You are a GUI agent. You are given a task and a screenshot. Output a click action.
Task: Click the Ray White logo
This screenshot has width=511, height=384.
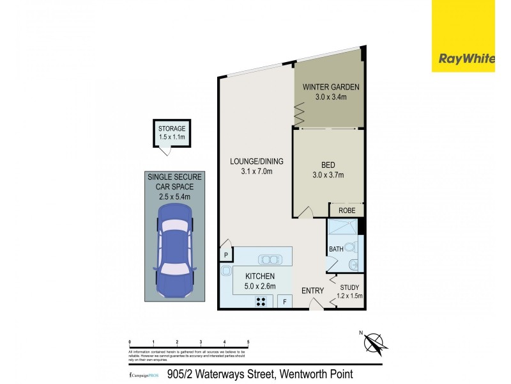[466, 59]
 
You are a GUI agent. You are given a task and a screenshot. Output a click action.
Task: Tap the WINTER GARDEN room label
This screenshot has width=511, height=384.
[331, 87]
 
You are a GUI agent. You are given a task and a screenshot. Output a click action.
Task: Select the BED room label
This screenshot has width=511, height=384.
[329, 165]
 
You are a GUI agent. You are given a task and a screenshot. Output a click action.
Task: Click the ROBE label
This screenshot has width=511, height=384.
[347, 210]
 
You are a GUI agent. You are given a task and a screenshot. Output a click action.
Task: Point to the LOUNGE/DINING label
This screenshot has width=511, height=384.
[256, 161]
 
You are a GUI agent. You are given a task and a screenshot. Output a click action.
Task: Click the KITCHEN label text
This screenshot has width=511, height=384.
[260, 276]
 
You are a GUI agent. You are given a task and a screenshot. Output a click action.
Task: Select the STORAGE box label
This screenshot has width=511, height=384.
[172, 129]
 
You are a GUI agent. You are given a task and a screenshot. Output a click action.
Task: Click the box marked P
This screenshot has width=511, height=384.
[225, 255]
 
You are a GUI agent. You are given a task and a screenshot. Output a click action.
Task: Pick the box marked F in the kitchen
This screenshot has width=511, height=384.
[284, 301]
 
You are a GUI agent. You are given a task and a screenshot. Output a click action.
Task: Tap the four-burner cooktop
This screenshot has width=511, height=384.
[261, 301]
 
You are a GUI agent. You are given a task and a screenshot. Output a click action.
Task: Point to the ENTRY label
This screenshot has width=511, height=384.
[313, 291]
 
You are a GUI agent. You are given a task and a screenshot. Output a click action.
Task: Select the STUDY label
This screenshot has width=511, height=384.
[350, 287]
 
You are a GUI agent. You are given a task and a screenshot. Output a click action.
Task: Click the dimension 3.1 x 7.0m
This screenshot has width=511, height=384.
[256, 171]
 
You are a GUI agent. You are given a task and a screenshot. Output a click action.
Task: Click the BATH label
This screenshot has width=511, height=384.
[336, 249]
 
